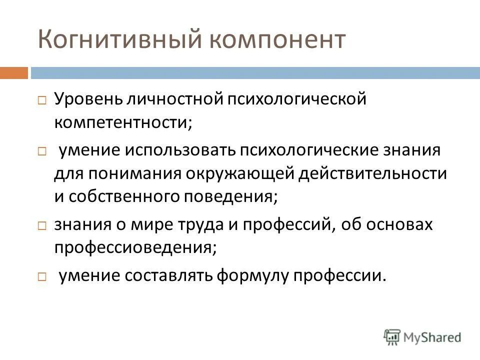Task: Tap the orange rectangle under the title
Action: click(x=14, y=73)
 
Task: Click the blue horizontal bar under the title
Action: click(x=255, y=73)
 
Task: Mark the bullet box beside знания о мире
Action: click(x=42, y=225)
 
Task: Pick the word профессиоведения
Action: click(x=135, y=247)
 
